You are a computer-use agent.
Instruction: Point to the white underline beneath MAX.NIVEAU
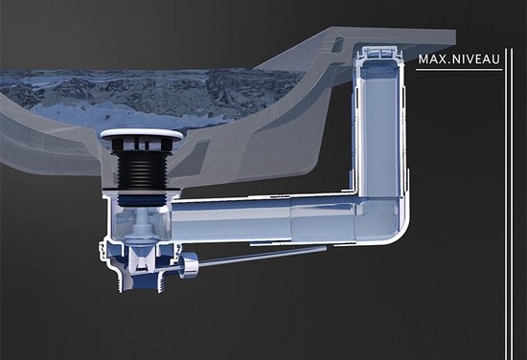click(x=459, y=70)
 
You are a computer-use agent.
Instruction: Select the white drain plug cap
click(x=142, y=134)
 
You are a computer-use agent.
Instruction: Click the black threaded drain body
click(x=141, y=167)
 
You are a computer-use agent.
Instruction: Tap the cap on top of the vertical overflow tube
click(x=378, y=52)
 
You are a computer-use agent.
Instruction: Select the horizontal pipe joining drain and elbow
click(x=263, y=219)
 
